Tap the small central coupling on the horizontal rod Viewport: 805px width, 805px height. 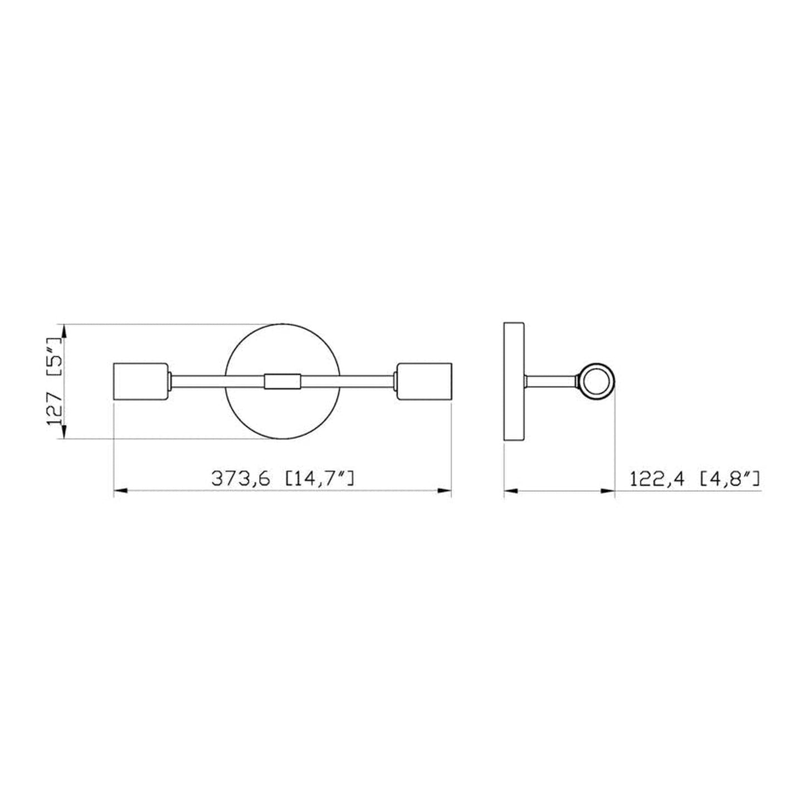coord(282,381)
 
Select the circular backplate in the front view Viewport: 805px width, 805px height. coord(282,412)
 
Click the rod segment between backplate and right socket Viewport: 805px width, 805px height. coord(348,381)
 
